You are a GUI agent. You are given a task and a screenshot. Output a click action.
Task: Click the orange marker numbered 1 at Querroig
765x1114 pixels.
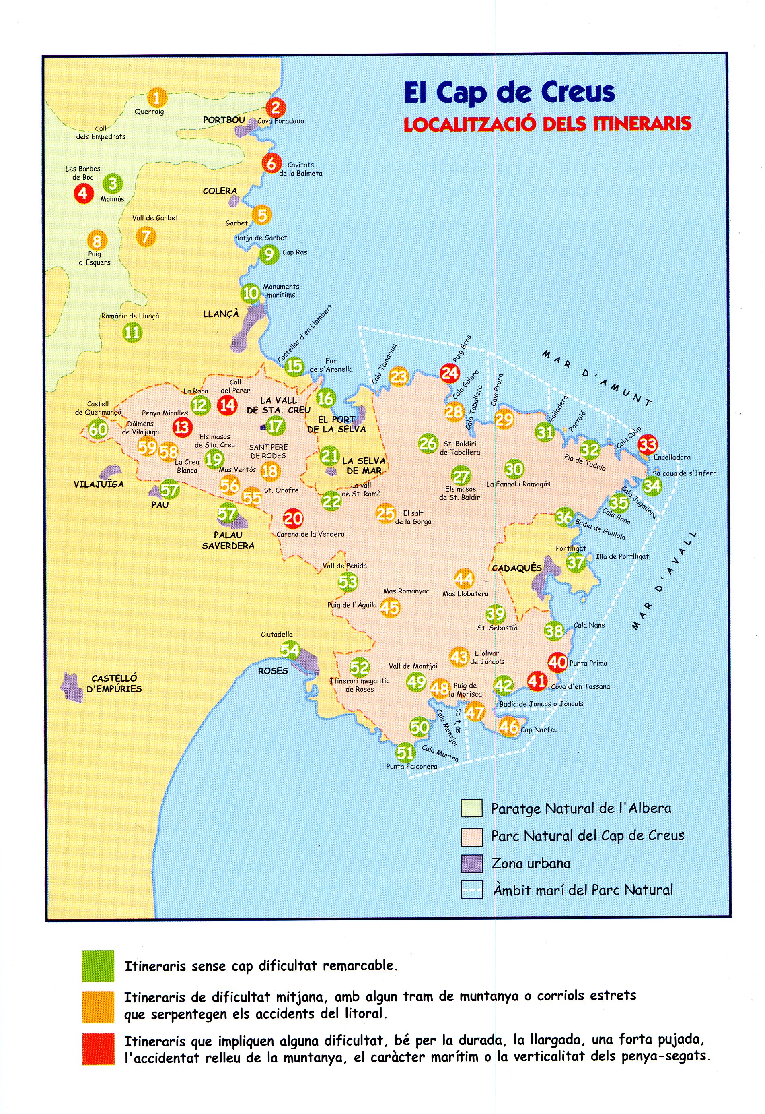click(x=156, y=98)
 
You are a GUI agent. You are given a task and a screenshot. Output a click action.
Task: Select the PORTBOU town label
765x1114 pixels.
click(x=224, y=120)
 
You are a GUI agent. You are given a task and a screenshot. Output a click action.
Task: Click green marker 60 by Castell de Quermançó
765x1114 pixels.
click(x=98, y=429)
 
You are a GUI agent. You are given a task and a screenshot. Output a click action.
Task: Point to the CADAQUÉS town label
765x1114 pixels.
click(x=517, y=568)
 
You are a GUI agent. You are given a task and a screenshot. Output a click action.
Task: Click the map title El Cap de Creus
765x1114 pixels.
click(x=509, y=92)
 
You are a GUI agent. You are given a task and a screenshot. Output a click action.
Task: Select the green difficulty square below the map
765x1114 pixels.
click(x=98, y=966)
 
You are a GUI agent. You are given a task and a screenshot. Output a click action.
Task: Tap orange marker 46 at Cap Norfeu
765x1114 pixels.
click(x=508, y=726)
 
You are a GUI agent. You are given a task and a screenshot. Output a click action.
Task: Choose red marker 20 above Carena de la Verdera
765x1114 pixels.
click(x=293, y=518)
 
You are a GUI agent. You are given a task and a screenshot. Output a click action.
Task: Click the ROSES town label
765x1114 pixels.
click(x=273, y=671)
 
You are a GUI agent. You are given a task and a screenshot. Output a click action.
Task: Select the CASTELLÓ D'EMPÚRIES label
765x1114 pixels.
click(x=114, y=683)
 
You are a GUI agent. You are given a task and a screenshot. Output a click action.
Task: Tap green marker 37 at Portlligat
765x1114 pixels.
click(x=576, y=562)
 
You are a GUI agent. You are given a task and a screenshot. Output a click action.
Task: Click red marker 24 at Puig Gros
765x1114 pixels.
click(x=450, y=373)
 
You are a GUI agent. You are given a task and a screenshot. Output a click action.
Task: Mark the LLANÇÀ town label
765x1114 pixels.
click(x=220, y=314)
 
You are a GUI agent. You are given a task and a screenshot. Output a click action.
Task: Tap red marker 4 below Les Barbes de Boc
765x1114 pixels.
click(x=83, y=193)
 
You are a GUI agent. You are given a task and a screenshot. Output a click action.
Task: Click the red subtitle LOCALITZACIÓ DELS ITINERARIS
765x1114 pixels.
click(x=547, y=124)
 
